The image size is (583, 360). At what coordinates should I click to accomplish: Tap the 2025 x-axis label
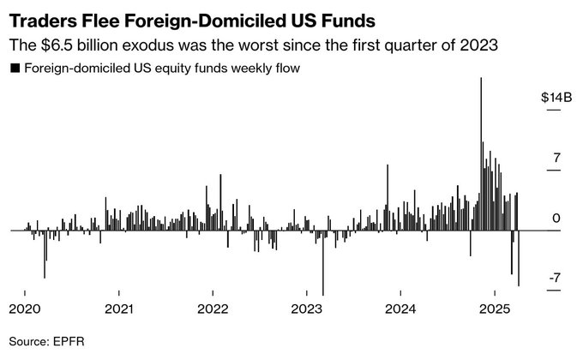point(496,309)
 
